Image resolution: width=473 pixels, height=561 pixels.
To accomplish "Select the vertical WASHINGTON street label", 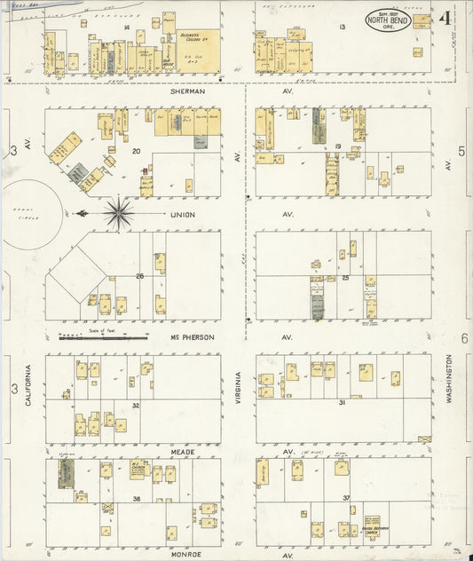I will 449,380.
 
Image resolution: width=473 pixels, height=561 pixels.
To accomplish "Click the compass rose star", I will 118,213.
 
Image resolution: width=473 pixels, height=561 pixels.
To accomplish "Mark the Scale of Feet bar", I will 102,337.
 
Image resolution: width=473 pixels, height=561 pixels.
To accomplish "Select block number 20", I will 136,151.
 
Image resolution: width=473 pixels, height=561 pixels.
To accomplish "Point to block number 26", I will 139,276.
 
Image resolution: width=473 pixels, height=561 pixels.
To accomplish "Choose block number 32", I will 135,405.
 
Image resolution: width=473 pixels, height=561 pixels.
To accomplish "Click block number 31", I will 342,402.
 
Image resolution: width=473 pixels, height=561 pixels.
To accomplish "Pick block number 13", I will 342,28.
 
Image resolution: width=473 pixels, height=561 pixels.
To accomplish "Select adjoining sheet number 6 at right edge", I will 464,339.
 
